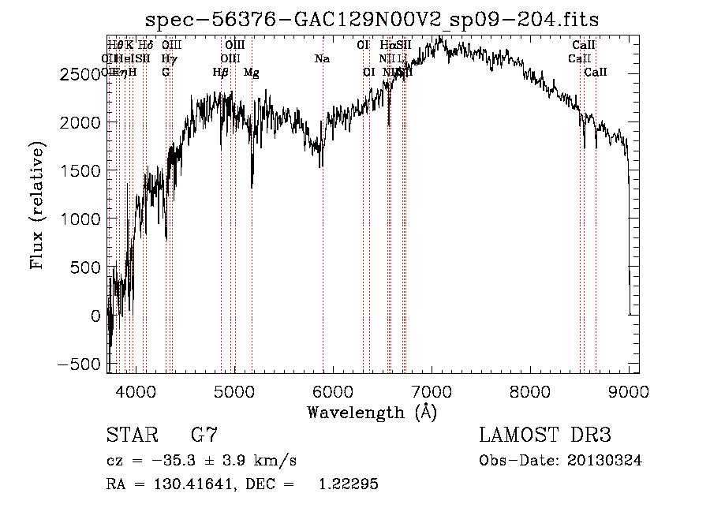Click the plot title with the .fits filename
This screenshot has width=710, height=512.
point(373,21)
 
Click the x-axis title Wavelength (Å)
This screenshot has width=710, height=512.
point(372,412)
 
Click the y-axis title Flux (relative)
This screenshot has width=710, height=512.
point(37,206)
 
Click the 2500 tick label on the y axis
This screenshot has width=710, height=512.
point(80,74)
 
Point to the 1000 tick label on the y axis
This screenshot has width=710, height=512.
point(80,219)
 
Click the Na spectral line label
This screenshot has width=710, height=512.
point(322,59)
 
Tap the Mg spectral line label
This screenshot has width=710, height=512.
point(252,73)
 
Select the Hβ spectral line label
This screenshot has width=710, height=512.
point(221,73)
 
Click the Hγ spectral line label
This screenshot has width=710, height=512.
point(168,59)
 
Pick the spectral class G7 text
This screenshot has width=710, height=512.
point(204,435)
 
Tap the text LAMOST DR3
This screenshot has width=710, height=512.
point(545,435)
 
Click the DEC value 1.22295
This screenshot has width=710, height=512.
point(348,484)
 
